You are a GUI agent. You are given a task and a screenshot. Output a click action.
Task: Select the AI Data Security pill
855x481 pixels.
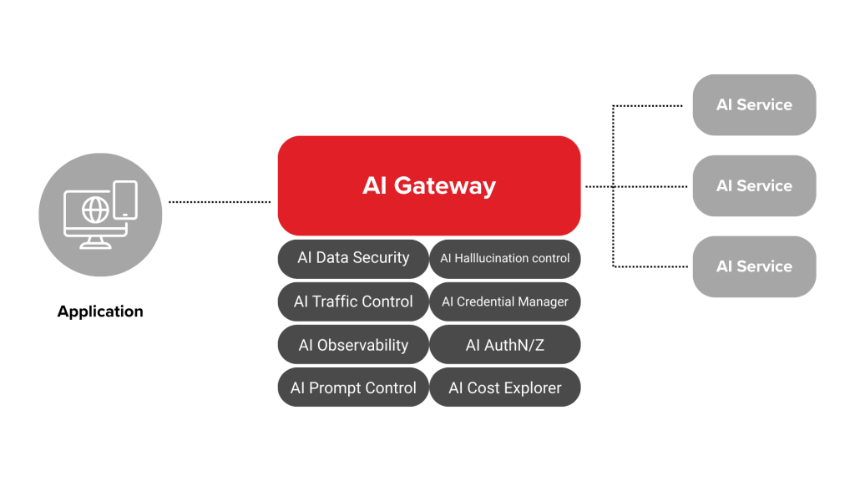pos(353,258)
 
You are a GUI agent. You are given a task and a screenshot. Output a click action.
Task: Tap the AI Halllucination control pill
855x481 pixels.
pos(505,258)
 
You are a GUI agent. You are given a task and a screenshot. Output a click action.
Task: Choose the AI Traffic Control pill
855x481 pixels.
pos(353,301)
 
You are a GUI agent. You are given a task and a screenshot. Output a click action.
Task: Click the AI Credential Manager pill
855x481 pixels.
pos(505,301)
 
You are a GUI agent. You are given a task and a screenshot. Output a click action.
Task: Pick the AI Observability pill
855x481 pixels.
pos(353,345)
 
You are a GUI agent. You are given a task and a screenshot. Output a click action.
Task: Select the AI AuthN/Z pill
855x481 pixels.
pos(505,345)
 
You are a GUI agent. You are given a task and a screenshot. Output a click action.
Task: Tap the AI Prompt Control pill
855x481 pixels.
pos(353,387)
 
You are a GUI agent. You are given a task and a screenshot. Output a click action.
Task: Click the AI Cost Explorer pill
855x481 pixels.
pos(505,387)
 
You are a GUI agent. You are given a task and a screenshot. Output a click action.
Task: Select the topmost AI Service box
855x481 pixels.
pos(754,105)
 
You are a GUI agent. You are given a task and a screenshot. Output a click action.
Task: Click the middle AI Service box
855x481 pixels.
pos(754,185)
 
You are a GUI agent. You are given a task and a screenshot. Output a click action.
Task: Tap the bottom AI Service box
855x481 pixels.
pos(754,266)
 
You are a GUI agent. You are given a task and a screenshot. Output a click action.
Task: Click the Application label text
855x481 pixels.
pos(100,311)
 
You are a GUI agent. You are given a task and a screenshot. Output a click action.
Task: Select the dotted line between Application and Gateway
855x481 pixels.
pos(220,201)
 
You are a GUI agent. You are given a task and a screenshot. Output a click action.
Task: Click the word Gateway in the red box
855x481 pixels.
pos(457,185)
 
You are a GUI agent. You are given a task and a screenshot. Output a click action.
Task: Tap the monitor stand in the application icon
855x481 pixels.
pos(94,242)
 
